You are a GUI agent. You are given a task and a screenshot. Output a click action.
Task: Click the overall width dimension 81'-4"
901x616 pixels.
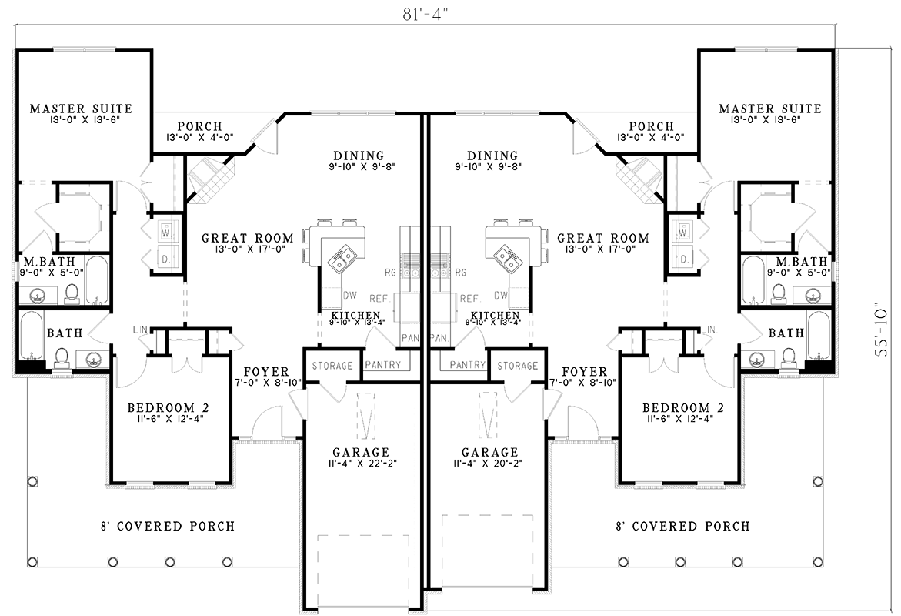coord(425,15)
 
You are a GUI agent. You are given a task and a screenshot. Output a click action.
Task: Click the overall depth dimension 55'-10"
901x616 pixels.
coord(881,330)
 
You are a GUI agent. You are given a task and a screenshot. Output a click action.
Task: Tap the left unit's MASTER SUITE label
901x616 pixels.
coord(81,108)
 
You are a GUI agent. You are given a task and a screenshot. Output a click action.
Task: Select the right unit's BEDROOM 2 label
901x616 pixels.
coord(683,408)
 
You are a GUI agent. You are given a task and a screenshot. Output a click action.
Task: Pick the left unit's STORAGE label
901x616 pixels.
coord(332,366)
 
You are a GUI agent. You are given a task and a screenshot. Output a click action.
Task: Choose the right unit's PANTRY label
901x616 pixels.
coord(468,365)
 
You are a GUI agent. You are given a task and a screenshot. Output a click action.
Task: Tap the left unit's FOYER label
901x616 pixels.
coord(266,372)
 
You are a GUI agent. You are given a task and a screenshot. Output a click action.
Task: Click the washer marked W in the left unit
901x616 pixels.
coord(165,233)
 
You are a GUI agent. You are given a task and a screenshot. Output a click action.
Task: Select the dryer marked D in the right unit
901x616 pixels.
coord(684,259)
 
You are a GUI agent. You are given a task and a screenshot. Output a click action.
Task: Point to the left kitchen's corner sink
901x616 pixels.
coord(342,257)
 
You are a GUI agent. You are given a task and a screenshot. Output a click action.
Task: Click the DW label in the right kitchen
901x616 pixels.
coord(500,295)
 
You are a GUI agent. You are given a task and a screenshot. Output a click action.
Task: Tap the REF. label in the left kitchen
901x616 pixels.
coord(380,299)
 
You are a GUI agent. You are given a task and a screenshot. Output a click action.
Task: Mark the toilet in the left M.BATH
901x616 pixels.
coord(72,293)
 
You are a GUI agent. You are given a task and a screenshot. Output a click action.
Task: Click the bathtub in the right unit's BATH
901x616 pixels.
coord(818,335)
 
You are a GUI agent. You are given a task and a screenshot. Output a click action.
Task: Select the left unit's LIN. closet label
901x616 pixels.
coord(141,330)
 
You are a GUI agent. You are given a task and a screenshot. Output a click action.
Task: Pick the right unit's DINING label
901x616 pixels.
coord(492,156)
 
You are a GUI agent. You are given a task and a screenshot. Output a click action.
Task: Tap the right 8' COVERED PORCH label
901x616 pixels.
coord(683,526)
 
